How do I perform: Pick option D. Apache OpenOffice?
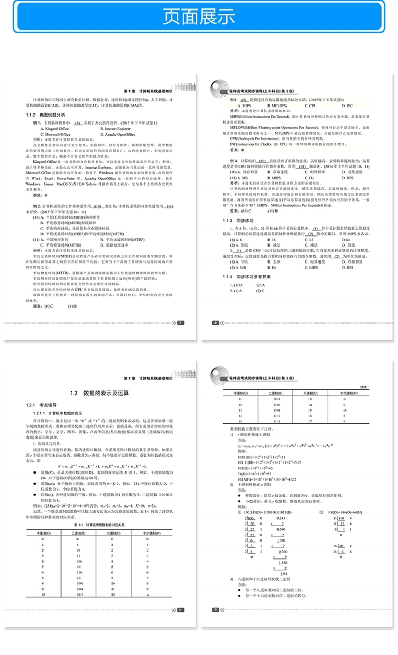tap(120, 135)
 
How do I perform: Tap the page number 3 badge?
tap(181, 322)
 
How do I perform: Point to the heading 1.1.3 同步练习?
tap(245, 220)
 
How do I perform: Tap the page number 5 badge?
tap(181, 610)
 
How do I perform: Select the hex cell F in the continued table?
tap(345, 422)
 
